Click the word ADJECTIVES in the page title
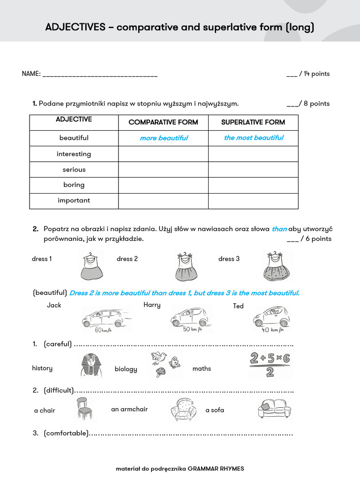point(75,28)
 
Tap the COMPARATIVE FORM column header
point(163,122)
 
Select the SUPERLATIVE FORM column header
point(253,122)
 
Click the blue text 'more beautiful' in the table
point(164,138)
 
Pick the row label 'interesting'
point(74,154)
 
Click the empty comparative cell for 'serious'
point(163,170)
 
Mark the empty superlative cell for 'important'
point(253,201)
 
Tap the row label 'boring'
point(74,185)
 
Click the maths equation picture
point(269,366)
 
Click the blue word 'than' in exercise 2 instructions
point(279,229)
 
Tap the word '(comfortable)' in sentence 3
point(66,434)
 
